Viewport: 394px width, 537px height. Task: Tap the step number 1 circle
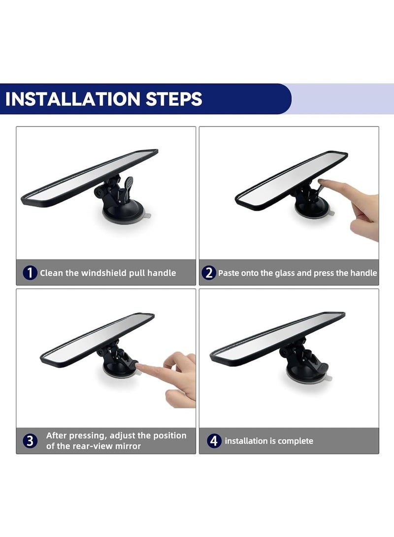click(x=30, y=273)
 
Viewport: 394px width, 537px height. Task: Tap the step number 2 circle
click(x=209, y=273)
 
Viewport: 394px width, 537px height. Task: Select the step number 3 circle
click(x=30, y=441)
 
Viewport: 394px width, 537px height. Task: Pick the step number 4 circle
click(x=214, y=441)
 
